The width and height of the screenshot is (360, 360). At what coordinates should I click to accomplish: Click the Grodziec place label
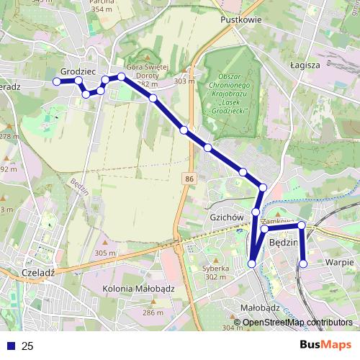click(x=78, y=72)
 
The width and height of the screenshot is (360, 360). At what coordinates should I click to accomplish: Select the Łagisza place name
click(x=306, y=64)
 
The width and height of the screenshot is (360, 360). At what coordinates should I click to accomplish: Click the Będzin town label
click(x=282, y=244)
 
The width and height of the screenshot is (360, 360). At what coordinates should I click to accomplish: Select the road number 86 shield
click(x=189, y=178)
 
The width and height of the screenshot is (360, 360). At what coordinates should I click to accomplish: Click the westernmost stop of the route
click(x=57, y=81)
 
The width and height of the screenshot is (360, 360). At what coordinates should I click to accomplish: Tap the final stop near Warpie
click(x=303, y=264)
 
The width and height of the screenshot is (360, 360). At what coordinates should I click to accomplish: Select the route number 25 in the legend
click(x=28, y=346)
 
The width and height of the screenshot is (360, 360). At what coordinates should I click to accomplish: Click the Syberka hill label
click(x=215, y=269)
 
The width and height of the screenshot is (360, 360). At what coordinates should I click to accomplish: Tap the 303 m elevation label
click(x=184, y=81)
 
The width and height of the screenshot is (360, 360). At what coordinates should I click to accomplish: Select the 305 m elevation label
click(x=104, y=253)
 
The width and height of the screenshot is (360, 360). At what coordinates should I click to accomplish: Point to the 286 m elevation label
click(x=153, y=312)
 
